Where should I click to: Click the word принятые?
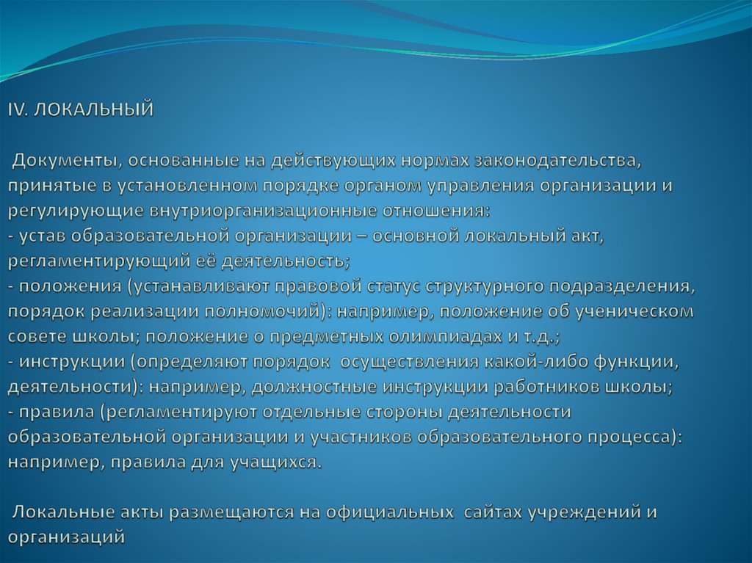[46, 185]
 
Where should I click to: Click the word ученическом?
[634, 311]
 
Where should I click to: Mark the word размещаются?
[235, 512]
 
